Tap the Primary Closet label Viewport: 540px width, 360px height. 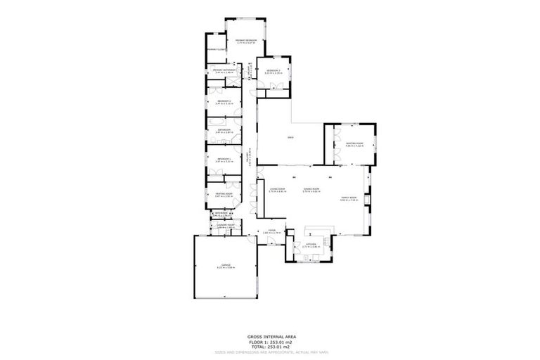point(216,50)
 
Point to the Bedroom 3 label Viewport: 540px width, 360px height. point(274,71)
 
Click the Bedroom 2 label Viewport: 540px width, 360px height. point(224,102)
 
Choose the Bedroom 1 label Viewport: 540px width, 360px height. point(224,160)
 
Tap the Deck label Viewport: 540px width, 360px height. point(290,137)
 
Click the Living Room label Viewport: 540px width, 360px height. point(277,190)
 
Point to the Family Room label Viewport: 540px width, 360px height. point(349,198)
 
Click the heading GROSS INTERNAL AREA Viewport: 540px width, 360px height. point(270,337)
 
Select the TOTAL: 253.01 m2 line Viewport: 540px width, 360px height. point(270,347)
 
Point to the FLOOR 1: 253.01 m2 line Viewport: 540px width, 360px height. point(270,342)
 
